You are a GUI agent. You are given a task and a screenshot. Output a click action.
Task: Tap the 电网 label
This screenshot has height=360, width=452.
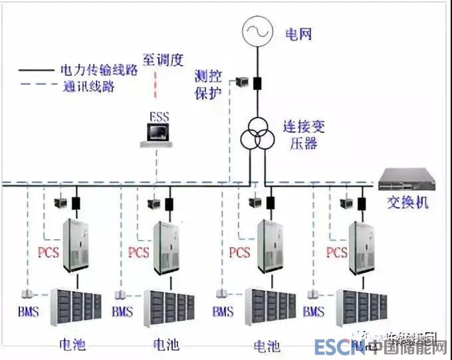tap(298, 33)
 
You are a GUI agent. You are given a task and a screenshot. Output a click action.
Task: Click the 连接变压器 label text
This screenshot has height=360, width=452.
tap(300, 134)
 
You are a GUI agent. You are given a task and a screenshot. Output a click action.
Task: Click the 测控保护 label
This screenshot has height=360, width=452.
tap(207, 84)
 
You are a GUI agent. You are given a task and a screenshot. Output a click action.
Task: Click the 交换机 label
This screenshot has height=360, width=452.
tap(407, 202)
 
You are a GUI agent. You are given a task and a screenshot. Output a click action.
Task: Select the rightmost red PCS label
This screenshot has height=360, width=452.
tap(336, 253)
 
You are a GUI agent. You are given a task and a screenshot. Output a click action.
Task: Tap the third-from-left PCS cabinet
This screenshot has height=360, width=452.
tap(270, 245)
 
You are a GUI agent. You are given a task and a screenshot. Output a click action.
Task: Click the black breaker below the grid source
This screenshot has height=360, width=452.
tap(256, 84)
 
